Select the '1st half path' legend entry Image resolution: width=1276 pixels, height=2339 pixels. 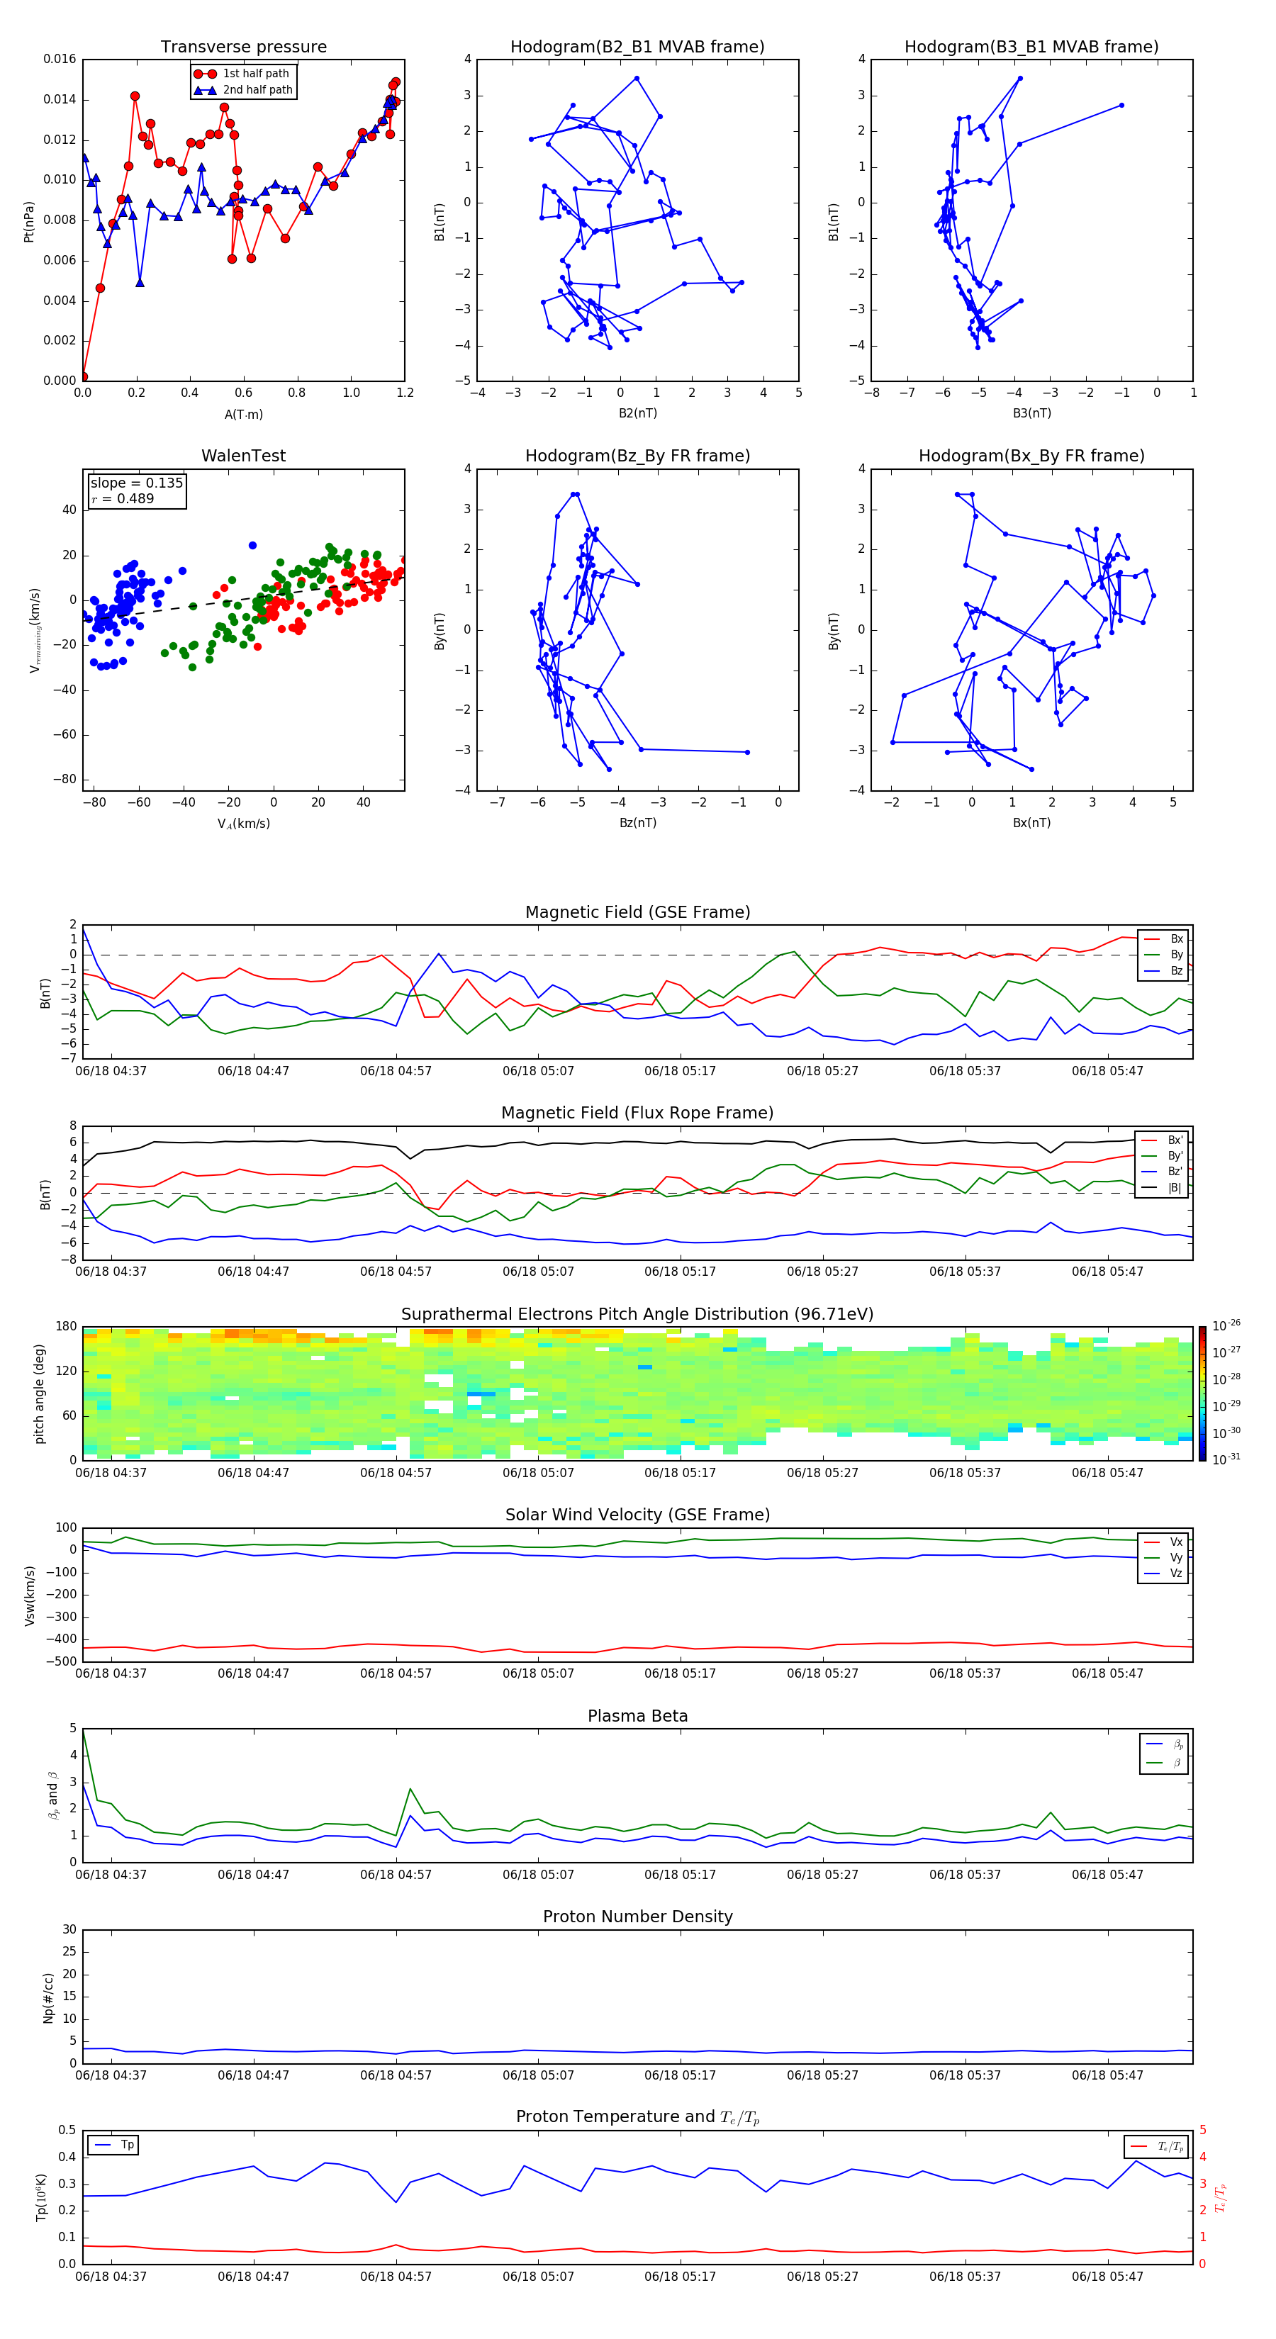pyautogui.click(x=255, y=74)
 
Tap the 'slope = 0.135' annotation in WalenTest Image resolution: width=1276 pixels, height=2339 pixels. pyautogui.click(x=136, y=483)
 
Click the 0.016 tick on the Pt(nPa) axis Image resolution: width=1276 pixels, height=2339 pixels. pyautogui.click(x=60, y=59)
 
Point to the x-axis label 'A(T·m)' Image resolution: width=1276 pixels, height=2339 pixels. pyautogui.click(x=243, y=415)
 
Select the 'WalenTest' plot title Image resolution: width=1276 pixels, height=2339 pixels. pyautogui.click(x=243, y=456)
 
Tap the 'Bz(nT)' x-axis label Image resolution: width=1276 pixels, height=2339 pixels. pyautogui.click(x=637, y=823)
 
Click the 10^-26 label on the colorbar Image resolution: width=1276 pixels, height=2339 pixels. pyautogui.click(x=1226, y=1325)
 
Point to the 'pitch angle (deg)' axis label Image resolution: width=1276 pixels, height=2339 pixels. pyautogui.click(x=40, y=1393)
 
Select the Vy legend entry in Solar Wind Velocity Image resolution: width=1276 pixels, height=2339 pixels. pyautogui.click(x=1176, y=1557)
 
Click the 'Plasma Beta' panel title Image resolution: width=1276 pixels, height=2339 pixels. pyautogui.click(x=637, y=1716)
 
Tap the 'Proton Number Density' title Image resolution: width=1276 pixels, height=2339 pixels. pyautogui.click(x=637, y=1917)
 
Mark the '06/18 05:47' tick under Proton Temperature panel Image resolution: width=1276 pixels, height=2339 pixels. pyautogui.click(x=1107, y=2277)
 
